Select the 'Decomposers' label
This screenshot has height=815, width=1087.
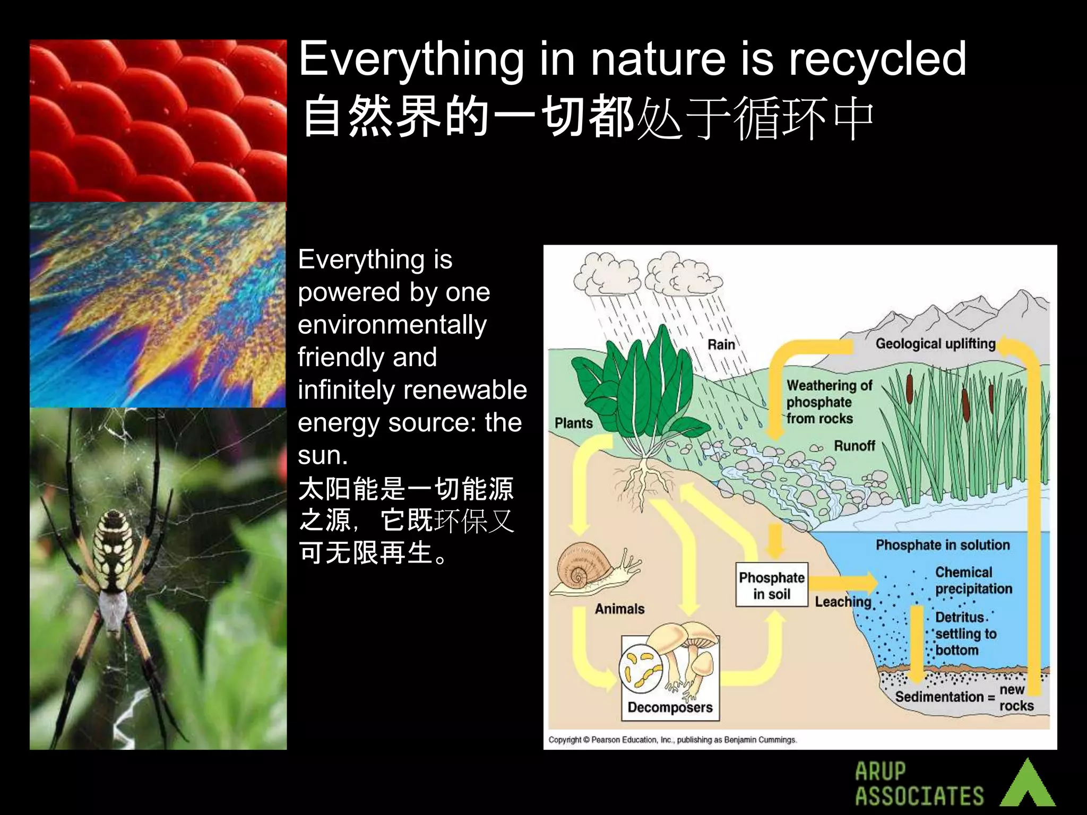click(670, 707)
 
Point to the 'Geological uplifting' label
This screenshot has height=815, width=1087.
click(935, 344)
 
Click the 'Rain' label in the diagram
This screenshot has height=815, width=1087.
click(721, 345)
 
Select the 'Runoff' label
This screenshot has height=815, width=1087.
click(854, 446)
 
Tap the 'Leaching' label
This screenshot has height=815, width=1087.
click(843, 602)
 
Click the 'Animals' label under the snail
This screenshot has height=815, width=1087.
click(619, 609)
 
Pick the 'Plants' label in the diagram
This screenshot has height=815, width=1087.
click(573, 423)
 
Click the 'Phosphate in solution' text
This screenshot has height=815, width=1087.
click(943, 545)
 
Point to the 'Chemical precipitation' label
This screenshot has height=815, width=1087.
click(973, 580)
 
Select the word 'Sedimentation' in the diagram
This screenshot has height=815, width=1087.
click(939, 697)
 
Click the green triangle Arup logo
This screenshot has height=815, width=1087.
click(1028, 784)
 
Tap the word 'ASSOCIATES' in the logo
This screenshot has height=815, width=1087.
click(919, 796)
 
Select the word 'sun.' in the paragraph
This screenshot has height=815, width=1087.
click(323, 455)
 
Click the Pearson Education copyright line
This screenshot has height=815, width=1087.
click(672, 740)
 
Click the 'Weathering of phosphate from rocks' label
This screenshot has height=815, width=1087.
click(828, 402)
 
